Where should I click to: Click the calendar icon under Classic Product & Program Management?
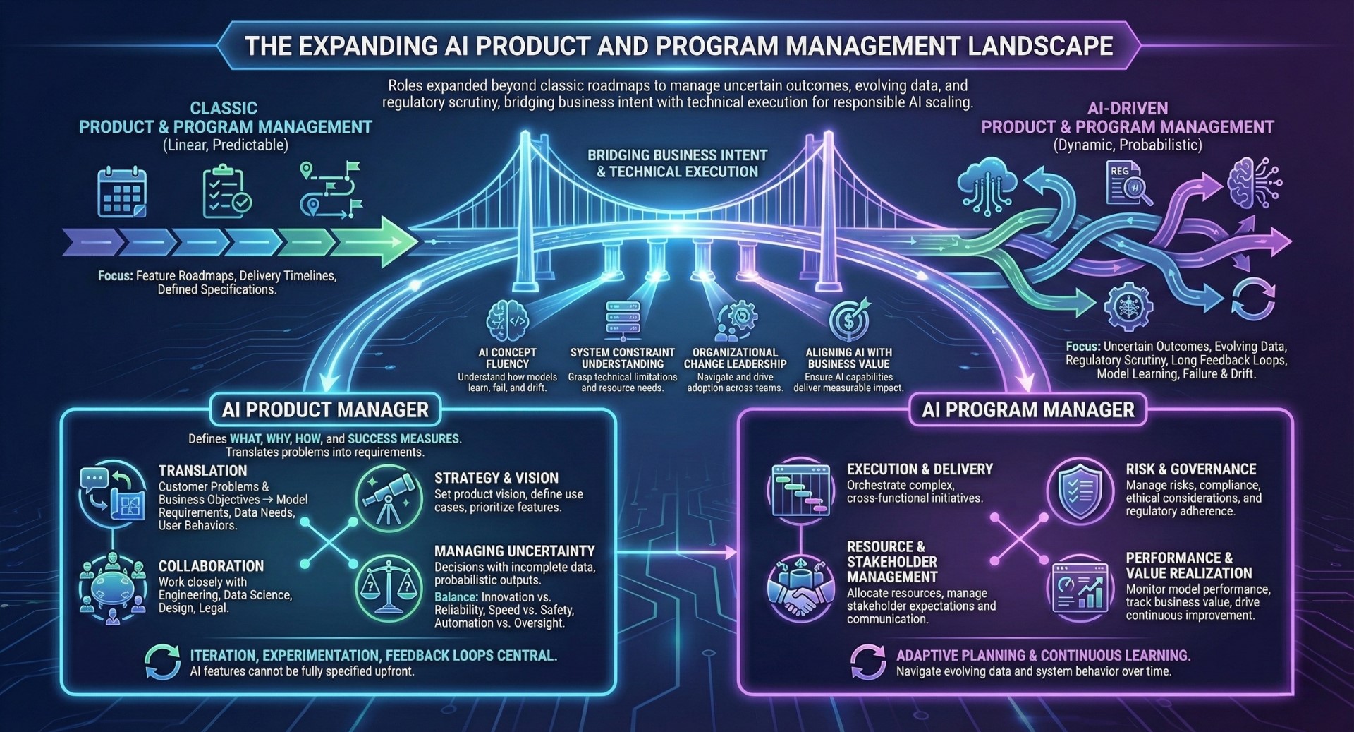[x=121, y=192]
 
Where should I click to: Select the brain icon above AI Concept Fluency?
[x=508, y=321]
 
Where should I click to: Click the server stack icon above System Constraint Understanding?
[x=623, y=321]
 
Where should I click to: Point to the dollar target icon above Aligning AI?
[x=849, y=321]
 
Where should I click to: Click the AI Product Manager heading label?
[x=325, y=410]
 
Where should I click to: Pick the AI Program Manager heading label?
[x=1027, y=410]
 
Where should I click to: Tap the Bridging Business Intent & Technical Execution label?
[x=677, y=163]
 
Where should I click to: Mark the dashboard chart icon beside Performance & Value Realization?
[x=1079, y=587]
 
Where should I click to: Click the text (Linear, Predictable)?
[x=225, y=145]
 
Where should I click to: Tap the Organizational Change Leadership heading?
[x=735, y=358]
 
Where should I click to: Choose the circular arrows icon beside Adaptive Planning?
[x=868, y=662]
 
